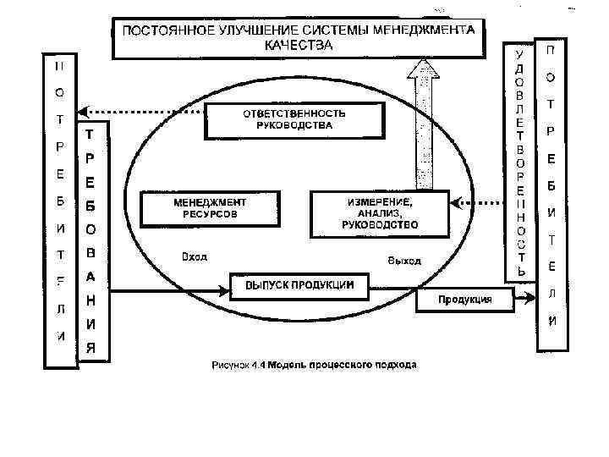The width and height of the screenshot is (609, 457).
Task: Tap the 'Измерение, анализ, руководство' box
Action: [x=379, y=214]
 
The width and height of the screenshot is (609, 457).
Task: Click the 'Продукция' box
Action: [x=464, y=300]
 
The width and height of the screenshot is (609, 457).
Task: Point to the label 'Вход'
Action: [x=195, y=256]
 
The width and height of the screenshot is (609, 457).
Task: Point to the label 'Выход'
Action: [x=403, y=261]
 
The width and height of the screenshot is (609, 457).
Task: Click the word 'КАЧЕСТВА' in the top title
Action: [x=299, y=46]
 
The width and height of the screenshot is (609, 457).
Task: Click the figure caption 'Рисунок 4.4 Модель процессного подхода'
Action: [x=314, y=366]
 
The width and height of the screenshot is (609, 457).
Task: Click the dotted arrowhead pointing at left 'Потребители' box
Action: [x=84, y=111]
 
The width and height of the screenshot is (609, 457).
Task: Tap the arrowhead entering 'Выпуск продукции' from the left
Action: [x=225, y=292]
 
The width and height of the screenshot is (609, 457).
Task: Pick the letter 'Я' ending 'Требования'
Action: [x=91, y=347]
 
